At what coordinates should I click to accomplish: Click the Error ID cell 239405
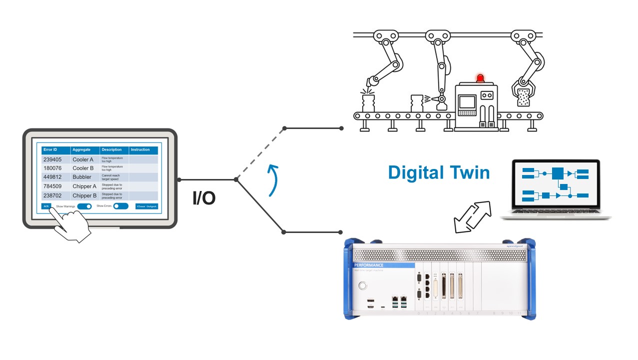(x=52, y=159)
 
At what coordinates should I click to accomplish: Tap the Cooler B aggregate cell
(x=83, y=168)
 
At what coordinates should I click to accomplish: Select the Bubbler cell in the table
(x=82, y=177)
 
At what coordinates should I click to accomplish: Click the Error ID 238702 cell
(x=52, y=195)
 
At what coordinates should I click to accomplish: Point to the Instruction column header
(x=140, y=150)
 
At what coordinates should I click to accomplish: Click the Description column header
(x=112, y=150)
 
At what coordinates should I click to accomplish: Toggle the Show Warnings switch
(x=85, y=206)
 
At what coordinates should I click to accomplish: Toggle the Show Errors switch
(x=120, y=206)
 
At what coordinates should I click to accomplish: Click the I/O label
(x=204, y=198)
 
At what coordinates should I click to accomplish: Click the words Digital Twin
(x=439, y=172)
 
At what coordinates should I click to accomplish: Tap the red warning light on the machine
(x=480, y=78)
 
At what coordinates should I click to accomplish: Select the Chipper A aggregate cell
(x=84, y=186)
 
